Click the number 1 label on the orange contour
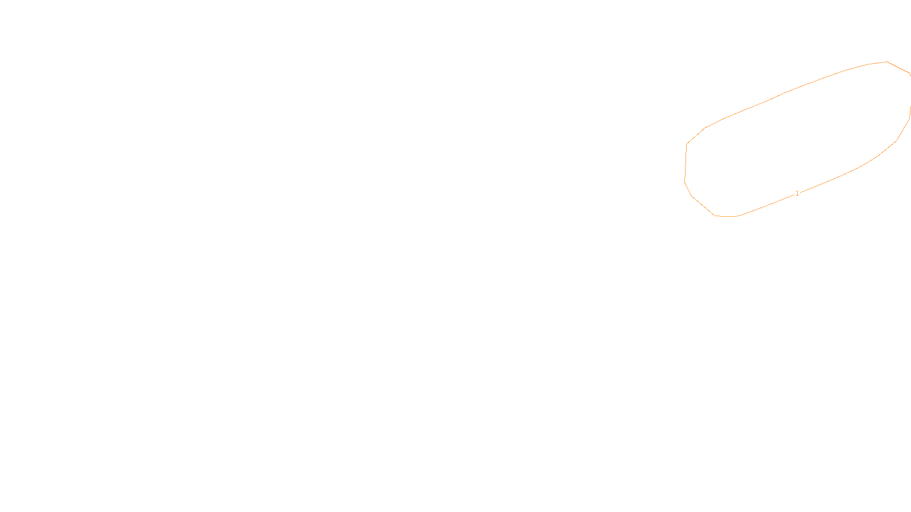797,193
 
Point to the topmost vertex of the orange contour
887,61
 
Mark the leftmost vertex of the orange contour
684,183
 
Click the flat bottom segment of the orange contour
726,216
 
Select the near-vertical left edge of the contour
686,163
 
